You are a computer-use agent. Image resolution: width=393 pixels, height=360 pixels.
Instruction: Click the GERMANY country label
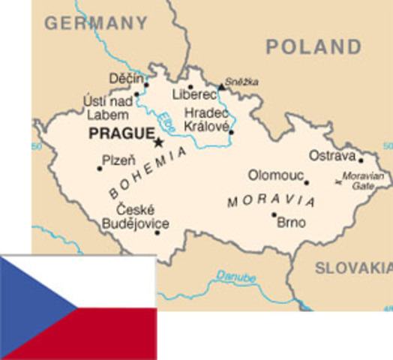pyautogui.click(x=95, y=22)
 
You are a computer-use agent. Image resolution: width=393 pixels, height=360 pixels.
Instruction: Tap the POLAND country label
pyautogui.click(x=313, y=47)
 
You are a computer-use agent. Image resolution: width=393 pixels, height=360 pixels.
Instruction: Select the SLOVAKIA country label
pyautogui.click(x=353, y=268)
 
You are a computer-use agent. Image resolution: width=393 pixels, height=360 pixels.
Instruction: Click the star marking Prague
pyautogui.click(x=158, y=141)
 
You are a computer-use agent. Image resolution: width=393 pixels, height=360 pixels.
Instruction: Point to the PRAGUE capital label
pyautogui.click(x=119, y=134)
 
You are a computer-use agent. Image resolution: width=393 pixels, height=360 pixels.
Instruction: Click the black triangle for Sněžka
pyautogui.click(x=221, y=87)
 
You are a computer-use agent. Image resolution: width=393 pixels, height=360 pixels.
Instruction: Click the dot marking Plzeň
pyautogui.click(x=99, y=169)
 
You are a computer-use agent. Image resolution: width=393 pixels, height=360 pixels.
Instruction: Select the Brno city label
pyautogui.click(x=291, y=223)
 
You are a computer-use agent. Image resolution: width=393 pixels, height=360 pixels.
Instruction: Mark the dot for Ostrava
pyautogui.click(x=360, y=160)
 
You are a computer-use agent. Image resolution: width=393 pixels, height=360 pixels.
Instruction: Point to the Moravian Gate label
pyautogui.click(x=363, y=180)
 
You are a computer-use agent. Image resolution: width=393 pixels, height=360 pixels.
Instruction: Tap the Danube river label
pyautogui.click(x=235, y=277)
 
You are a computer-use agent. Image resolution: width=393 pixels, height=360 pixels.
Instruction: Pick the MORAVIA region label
pyautogui.click(x=271, y=201)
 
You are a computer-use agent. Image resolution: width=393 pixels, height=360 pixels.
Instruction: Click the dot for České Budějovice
pyautogui.click(x=157, y=232)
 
